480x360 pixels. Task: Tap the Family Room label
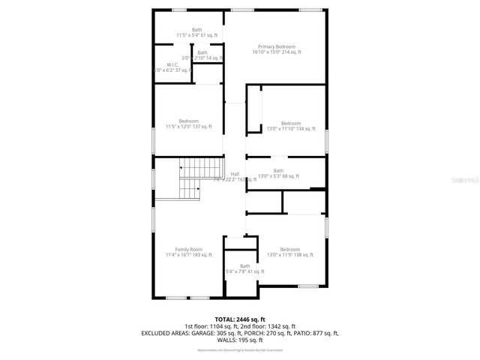[189, 249]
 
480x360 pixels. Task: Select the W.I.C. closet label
[171, 64]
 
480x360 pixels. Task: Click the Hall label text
[235, 174]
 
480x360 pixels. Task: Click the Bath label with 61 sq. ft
[196, 30]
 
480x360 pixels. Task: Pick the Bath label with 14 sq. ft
[202, 52]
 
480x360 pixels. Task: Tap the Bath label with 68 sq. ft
[278, 170]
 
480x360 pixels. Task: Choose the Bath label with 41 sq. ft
[245, 265]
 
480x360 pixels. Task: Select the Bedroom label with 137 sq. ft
[189, 121]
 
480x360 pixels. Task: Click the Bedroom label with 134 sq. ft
[290, 123]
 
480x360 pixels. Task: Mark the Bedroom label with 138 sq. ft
[290, 249]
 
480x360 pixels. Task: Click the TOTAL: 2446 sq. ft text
[240, 318]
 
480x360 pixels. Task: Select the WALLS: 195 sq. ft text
[240, 340]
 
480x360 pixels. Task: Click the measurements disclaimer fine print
[240, 349]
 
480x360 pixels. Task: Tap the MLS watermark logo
[464, 181]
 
